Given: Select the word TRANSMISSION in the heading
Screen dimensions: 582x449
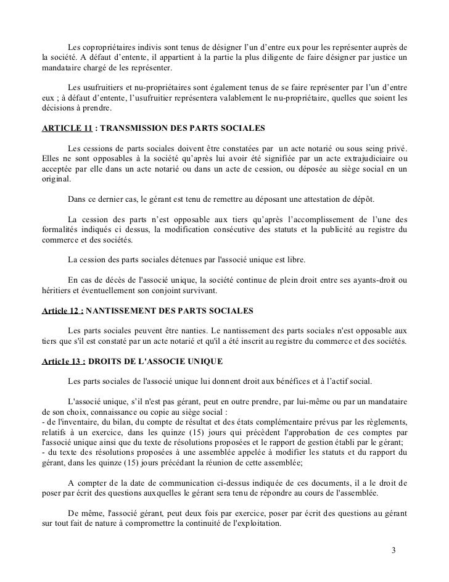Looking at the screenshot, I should click(133, 130).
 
